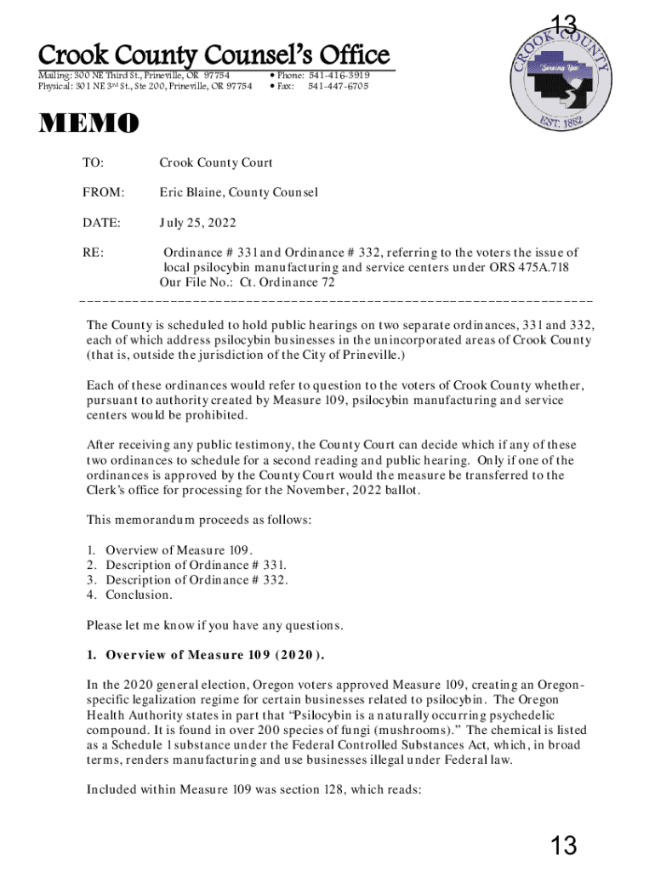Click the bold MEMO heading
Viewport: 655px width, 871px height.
point(88,125)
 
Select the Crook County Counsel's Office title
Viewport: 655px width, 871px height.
point(214,56)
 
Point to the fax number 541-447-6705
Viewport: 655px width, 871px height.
point(339,86)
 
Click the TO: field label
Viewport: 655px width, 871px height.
point(92,162)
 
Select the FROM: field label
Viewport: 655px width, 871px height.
point(103,192)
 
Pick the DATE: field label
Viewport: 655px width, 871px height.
point(101,223)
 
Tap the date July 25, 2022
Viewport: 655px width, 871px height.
point(197,223)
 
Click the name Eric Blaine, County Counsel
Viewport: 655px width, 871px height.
point(238,192)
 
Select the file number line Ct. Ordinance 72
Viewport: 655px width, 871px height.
point(248,283)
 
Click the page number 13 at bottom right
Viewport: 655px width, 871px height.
point(563,845)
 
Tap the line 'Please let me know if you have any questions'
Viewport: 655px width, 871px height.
point(214,626)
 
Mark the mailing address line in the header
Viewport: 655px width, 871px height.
point(134,75)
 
